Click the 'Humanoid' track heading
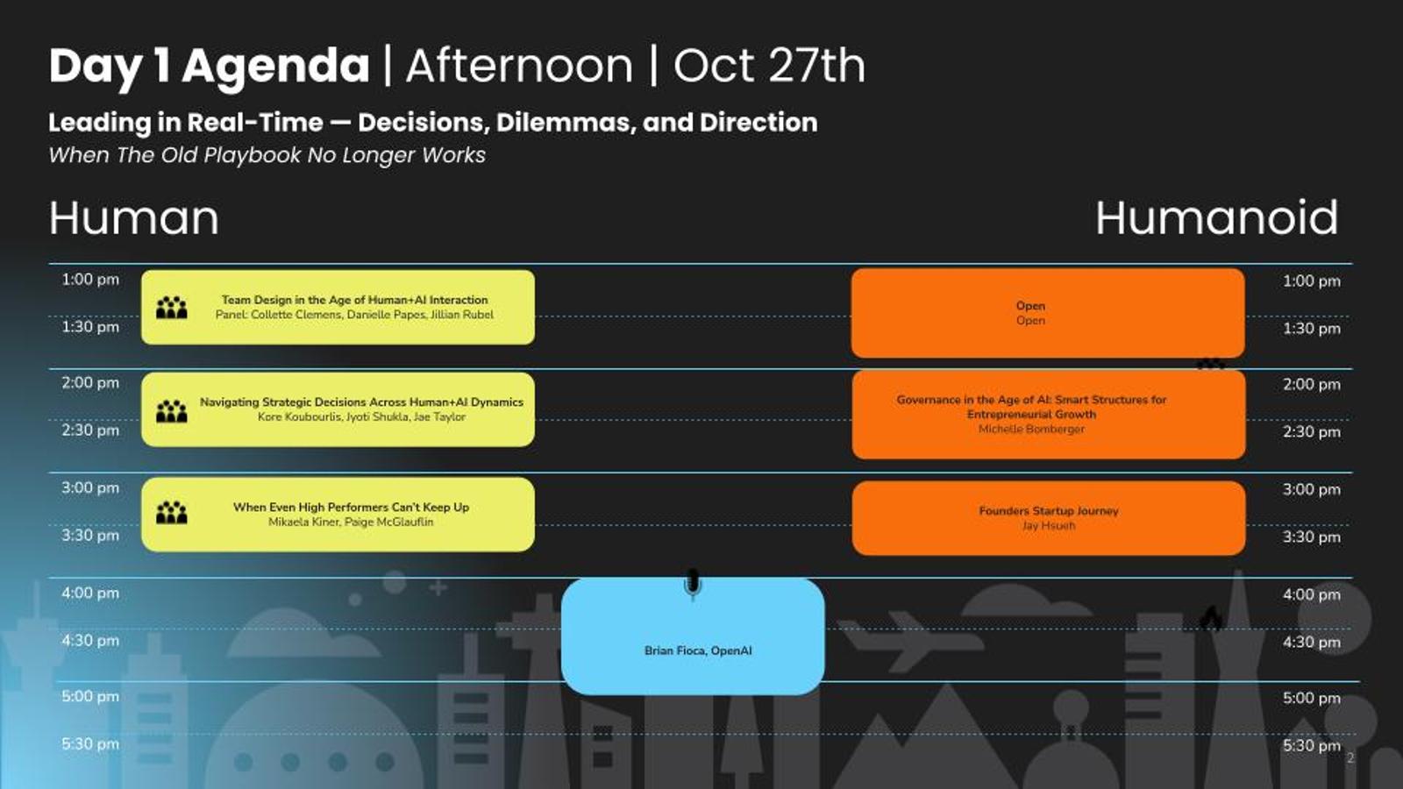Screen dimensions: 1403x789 point(1216,218)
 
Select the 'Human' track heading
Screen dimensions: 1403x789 point(134,218)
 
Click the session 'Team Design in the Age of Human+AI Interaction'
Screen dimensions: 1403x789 point(354,300)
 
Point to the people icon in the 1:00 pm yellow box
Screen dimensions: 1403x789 point(172,308)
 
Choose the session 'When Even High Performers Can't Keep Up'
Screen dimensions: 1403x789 point(351,508)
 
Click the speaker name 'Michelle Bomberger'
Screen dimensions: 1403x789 point(1031,429)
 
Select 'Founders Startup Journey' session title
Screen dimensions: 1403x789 point(1049,511)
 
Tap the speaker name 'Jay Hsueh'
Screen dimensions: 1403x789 point(1049,526)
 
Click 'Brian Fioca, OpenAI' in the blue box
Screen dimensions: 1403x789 point(698,650)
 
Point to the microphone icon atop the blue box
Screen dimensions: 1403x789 point(692,584)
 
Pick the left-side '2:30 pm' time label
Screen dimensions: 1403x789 point(90,430)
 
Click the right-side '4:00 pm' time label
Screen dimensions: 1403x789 point(1312,595)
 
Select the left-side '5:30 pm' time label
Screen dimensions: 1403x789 point(90,744)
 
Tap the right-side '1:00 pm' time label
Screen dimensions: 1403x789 point(1312,281)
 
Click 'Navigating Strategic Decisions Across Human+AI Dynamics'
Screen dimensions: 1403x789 point(361,402)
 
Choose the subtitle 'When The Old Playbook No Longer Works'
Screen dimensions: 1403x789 point(267,154)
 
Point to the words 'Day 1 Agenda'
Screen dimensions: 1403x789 point(210,67)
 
